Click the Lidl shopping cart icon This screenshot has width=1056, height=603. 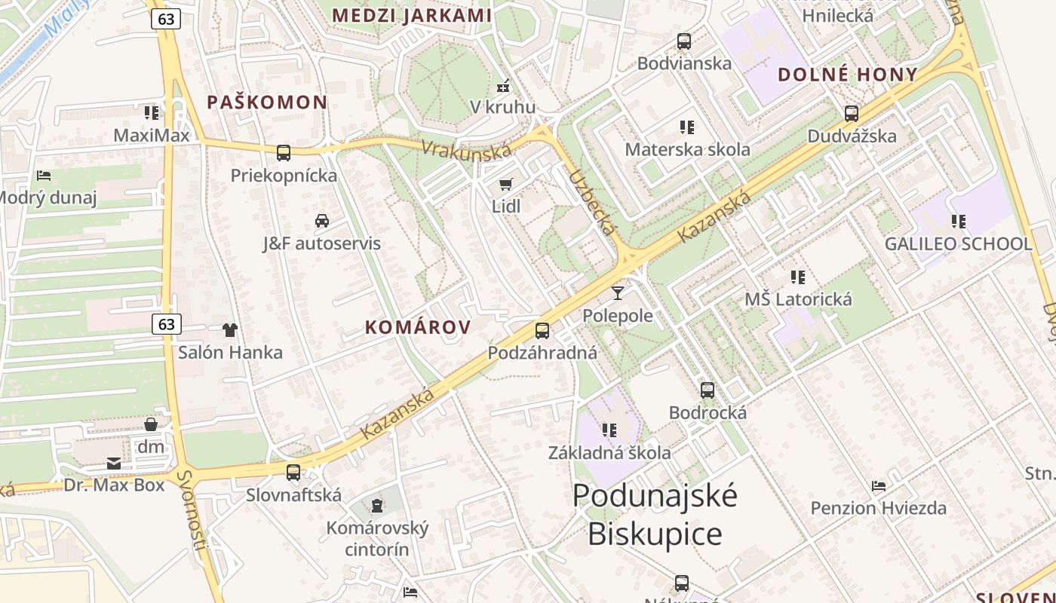[505, 184]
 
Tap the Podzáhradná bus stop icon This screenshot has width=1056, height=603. [542, 330]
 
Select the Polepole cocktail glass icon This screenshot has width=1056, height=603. [618, 293]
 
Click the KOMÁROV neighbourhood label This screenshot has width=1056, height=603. [418, 327]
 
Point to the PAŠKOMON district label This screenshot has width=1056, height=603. [267, 103]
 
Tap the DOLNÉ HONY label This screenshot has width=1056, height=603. [847, 75]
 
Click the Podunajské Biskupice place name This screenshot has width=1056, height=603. [654, 515]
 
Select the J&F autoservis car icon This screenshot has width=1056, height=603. [322, 221]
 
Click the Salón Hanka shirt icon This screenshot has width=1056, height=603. [230, 330]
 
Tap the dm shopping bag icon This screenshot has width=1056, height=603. [151, 424]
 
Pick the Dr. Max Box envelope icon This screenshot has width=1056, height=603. [113, 463]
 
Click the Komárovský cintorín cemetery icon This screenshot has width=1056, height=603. [377, 505]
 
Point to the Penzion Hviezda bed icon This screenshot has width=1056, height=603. [878, 485]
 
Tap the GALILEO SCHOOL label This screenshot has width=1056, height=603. [958, 244]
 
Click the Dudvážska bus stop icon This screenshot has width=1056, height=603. [852, 114]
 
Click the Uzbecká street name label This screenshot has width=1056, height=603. [591, 202]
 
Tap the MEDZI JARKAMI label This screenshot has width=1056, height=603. [412, 15]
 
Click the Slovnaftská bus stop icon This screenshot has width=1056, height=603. [293, 473]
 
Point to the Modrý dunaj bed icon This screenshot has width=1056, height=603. [44, 176]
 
